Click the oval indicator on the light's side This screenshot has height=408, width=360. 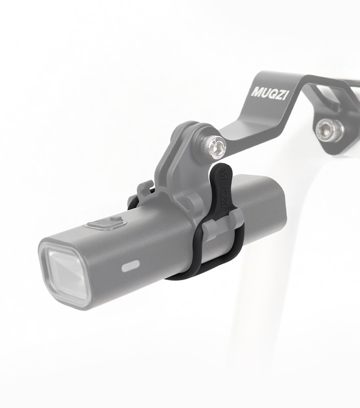[130, 267]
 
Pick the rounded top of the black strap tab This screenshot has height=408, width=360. [222, 168]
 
